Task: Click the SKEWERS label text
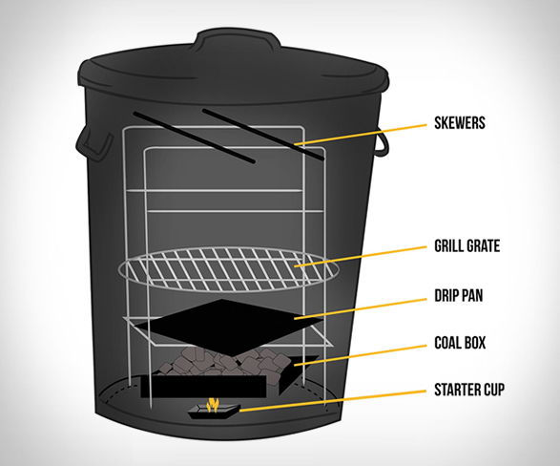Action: [460, 122]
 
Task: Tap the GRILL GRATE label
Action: [467, 245]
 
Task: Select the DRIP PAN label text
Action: [459, 295]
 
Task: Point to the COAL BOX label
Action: [460, 343]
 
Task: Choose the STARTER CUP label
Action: [469, 390]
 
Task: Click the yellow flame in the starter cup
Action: [212, 405]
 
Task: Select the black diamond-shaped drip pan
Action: [229, 327]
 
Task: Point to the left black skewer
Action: [195, 138]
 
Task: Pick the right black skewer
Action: [263, 135]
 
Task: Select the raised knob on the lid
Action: [238, 40]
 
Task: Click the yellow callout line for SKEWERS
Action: [361, 135]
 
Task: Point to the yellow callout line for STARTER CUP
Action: [333, 401]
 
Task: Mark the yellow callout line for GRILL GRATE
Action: [361, 256]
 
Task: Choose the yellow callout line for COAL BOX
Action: [361, 355]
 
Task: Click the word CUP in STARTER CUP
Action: [492, 390]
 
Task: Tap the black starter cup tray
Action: [214, 411]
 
